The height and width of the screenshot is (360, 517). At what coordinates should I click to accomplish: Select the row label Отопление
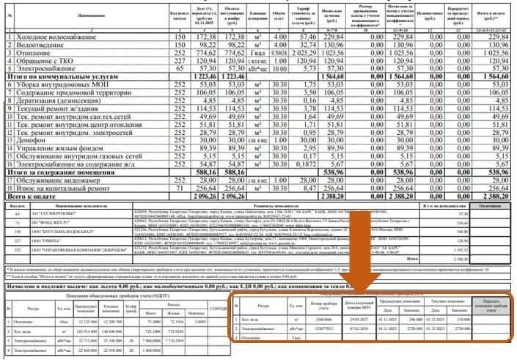pos(34,53)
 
